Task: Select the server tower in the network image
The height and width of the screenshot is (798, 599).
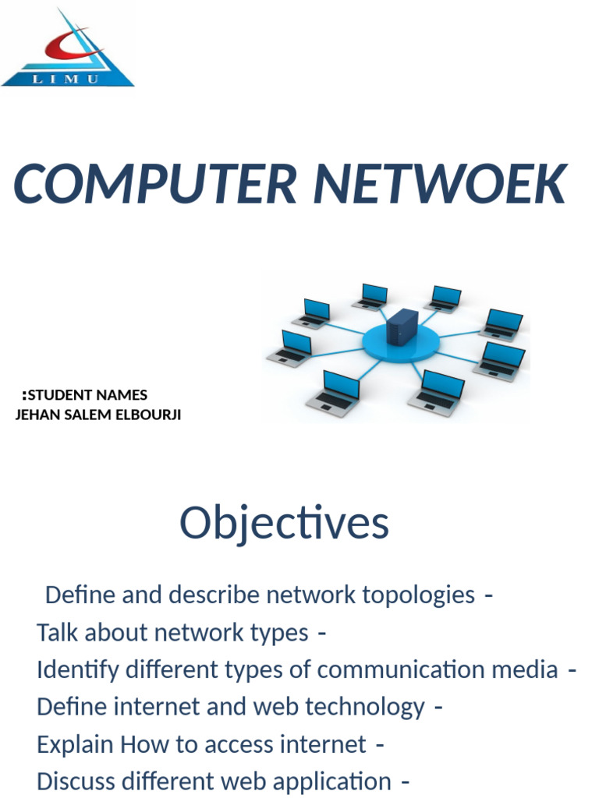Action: [402, 327]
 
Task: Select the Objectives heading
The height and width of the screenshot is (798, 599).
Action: [284, 523]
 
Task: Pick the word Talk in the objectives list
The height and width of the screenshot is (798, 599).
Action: [58, 633]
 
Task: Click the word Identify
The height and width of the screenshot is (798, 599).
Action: [74, 670]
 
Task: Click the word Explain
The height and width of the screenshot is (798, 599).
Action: [76, 744]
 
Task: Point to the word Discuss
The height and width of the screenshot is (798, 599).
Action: [78, 781]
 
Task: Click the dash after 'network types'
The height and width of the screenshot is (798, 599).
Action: [322, 633]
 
